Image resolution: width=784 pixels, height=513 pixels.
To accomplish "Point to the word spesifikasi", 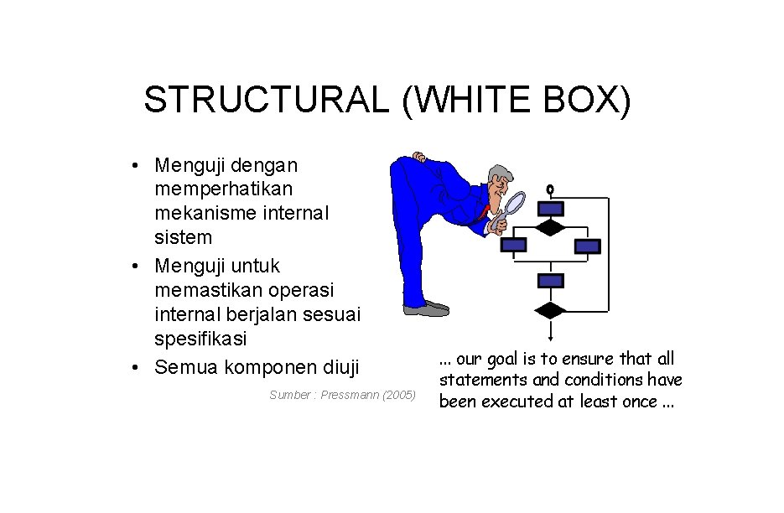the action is tap(200, 339).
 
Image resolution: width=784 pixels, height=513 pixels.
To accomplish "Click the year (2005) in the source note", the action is tap(399, 395).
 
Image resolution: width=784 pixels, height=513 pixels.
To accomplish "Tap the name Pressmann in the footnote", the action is tap(347, 395).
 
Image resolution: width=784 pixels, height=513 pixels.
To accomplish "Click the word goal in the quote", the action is tap(496, 360).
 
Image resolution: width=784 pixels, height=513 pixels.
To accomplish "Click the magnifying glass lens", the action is tap(514, 203).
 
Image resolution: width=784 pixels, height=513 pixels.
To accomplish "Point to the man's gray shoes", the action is tap(428, 308).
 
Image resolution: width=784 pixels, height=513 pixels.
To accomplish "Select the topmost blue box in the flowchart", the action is tap(551, 209).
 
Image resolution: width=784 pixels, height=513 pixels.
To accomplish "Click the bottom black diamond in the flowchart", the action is tap(551, 310).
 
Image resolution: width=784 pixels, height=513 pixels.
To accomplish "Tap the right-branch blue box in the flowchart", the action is tap(588, 246).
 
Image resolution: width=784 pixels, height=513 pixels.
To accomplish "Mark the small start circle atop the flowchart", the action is tap(551, 189).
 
